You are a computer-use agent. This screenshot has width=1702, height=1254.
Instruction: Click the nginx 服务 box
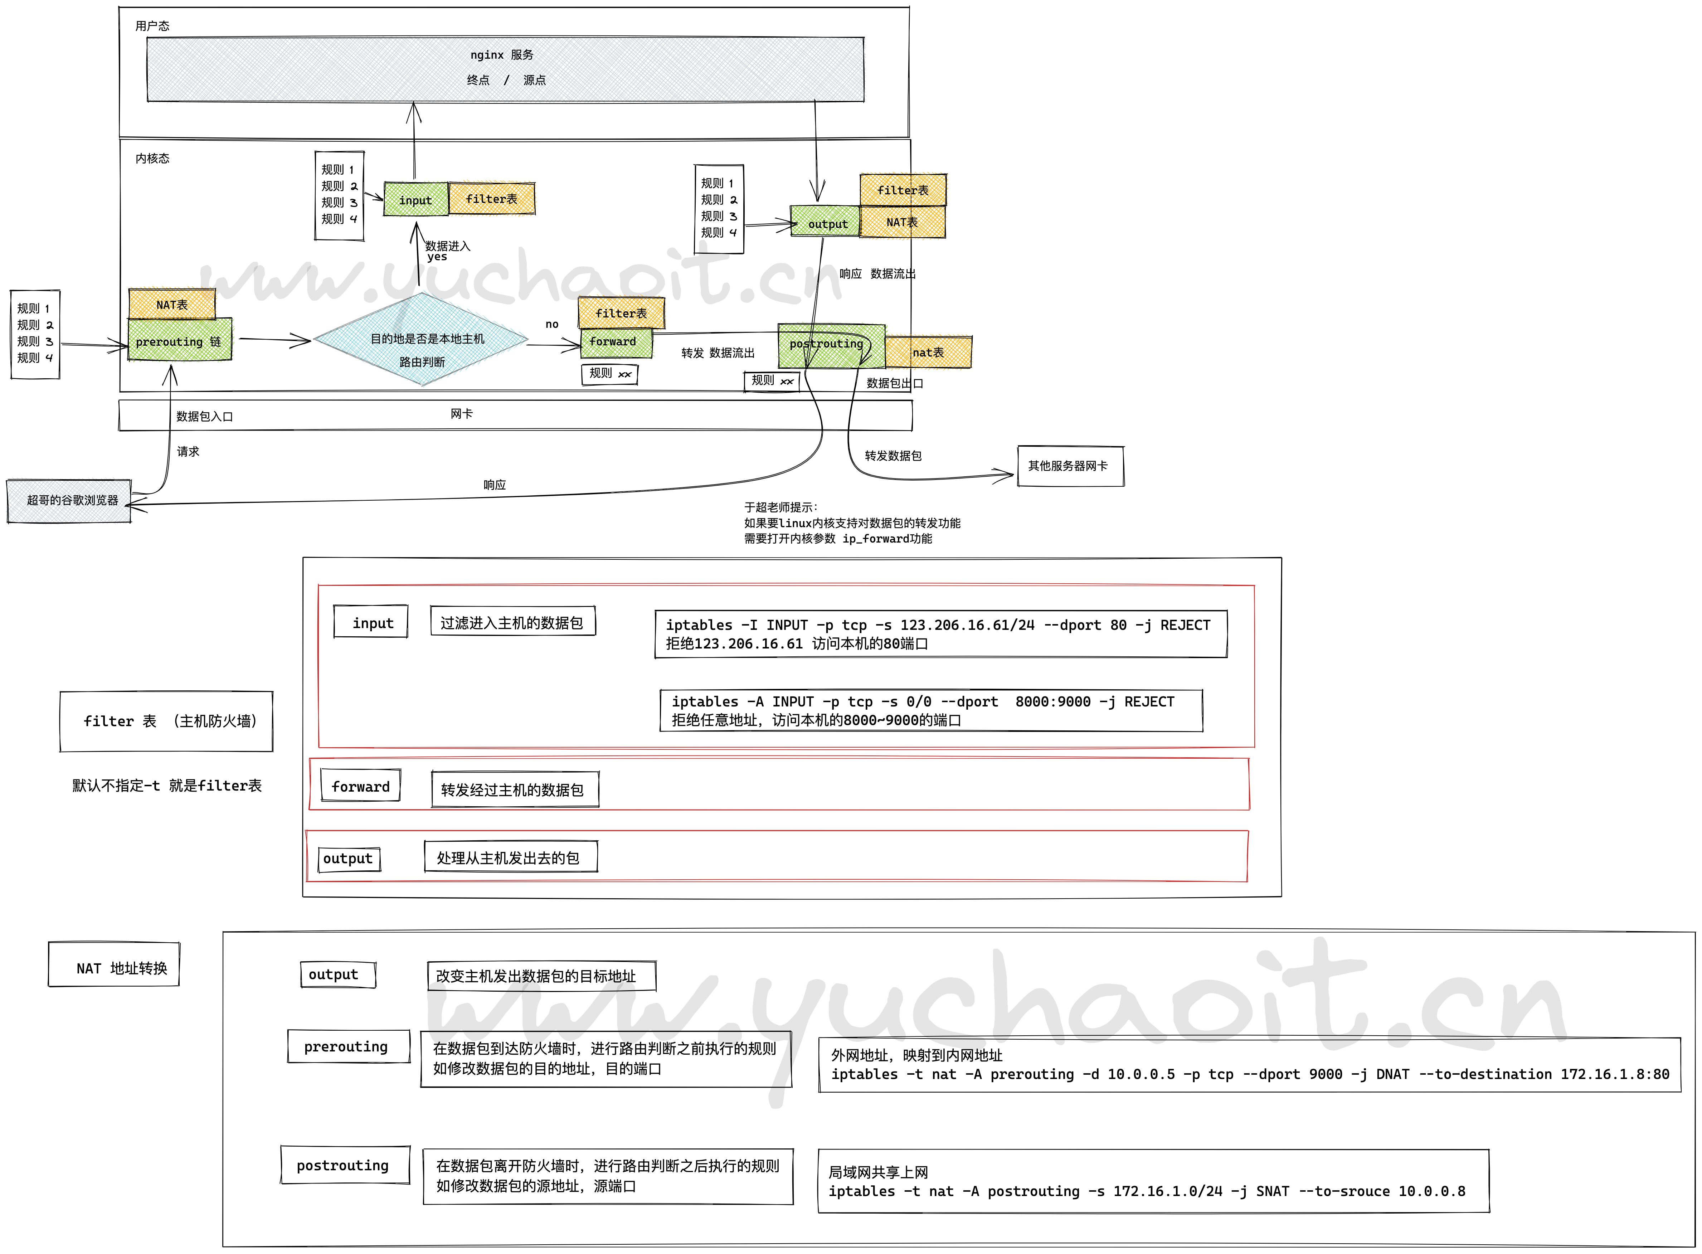click(x=505, y=68)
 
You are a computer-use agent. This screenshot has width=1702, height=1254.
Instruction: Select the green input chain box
click(x=415, y=200)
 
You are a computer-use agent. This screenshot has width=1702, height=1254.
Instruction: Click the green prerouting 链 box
click(x=179, y=341)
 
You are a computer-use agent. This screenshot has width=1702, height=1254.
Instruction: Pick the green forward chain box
click(x=615, y=342)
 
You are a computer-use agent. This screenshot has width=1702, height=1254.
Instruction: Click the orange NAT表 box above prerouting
click(x=171, y=305)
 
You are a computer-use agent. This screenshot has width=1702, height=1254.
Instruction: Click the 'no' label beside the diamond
click(x=552, y=324)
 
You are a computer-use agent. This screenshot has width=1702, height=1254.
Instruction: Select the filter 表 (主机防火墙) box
click(x=166, y=721)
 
